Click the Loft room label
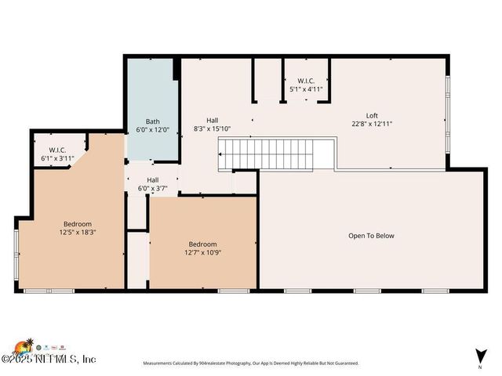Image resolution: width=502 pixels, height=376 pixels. click(372, 115)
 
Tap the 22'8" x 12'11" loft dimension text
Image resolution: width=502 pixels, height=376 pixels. click(372, 124)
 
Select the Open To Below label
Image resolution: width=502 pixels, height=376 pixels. click(372, 235)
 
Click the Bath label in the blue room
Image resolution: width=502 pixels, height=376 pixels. click(152, 121)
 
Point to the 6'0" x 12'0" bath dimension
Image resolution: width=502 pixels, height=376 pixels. click(152, 129)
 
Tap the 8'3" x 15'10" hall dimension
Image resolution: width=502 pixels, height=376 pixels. click(212, 128)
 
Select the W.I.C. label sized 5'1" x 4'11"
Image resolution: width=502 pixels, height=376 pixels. click(306, 81)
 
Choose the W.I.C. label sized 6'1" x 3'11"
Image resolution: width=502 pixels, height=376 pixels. click(56, 150)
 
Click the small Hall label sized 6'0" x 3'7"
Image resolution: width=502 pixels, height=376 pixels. click(152, 180)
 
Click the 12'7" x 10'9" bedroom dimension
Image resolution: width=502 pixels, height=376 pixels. click(202, 252)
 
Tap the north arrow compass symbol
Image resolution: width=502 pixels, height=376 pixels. click(479, 356)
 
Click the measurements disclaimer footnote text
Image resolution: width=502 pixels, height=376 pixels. click(250, 363)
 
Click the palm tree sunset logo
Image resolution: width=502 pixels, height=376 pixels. click(24, 346)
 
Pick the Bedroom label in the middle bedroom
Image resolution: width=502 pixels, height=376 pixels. click(202, 244)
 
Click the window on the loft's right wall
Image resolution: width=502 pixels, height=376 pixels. click(448, 114)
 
